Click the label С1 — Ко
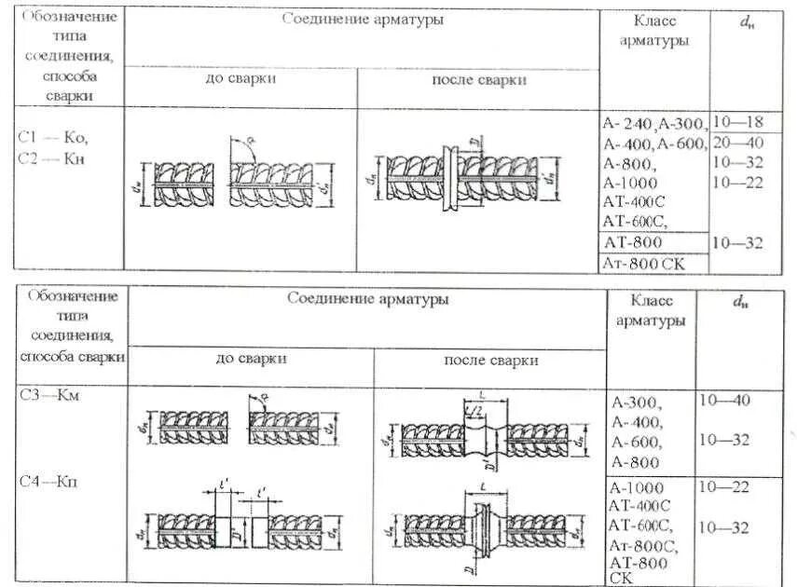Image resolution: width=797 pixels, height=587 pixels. coord(54,137)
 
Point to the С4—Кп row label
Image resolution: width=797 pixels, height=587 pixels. coord(54,481)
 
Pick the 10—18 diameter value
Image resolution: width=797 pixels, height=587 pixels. coord(737,122)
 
